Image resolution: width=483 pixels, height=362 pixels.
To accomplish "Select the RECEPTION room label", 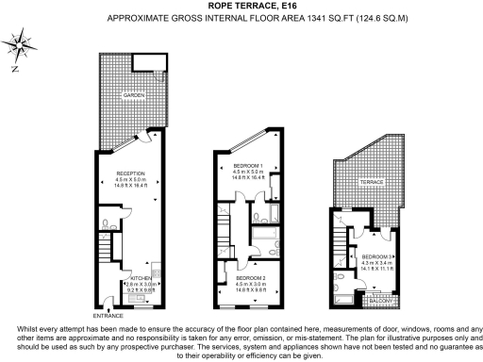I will [x=129, y=174].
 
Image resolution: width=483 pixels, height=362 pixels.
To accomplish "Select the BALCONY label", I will [x=379, y=302].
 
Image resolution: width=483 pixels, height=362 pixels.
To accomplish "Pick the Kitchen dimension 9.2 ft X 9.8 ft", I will [x=140, y=289].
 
